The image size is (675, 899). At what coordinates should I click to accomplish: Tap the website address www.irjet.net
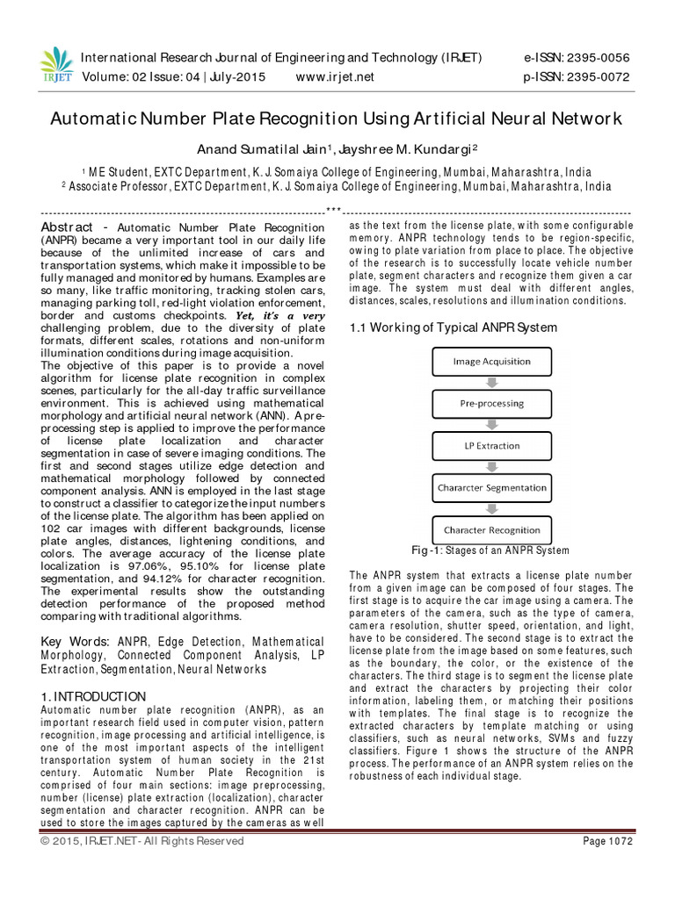(x=335, y=76)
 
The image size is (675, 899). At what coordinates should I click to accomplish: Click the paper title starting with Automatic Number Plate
(x=337, y=118)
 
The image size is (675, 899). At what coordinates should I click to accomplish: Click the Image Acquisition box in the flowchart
(x=491, y=361)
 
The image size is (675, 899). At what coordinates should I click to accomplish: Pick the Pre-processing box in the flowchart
(x=491, y=403)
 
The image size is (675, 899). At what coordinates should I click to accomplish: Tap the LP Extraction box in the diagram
(x=491, y=445)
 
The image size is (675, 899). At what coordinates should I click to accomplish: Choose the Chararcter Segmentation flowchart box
(x=491, y=487)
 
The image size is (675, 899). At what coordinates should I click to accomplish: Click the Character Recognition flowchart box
(x=491, y=529)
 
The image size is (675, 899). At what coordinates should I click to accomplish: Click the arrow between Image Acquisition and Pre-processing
(x=491, y=382)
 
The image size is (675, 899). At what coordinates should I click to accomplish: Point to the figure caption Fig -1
(x=491, y=550)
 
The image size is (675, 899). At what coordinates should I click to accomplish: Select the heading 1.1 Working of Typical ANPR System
(x=453, y=327)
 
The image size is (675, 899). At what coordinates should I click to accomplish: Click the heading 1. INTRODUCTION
(x=94, y=696)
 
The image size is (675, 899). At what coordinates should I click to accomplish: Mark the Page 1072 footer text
(x=607, y=841)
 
